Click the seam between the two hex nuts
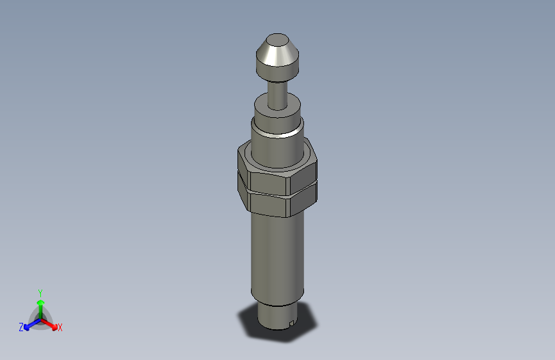(269, 193)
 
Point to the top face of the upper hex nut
(244, 154)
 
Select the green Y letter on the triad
(40, 292)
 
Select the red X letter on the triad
(60, 328)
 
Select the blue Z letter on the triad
(21, 327)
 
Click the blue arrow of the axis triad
(29, 324)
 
